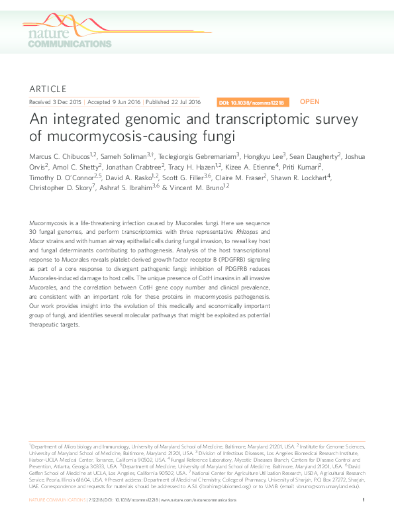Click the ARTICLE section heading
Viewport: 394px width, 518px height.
48,89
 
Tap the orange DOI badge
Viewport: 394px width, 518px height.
251,103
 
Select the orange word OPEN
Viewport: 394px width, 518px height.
309,102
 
